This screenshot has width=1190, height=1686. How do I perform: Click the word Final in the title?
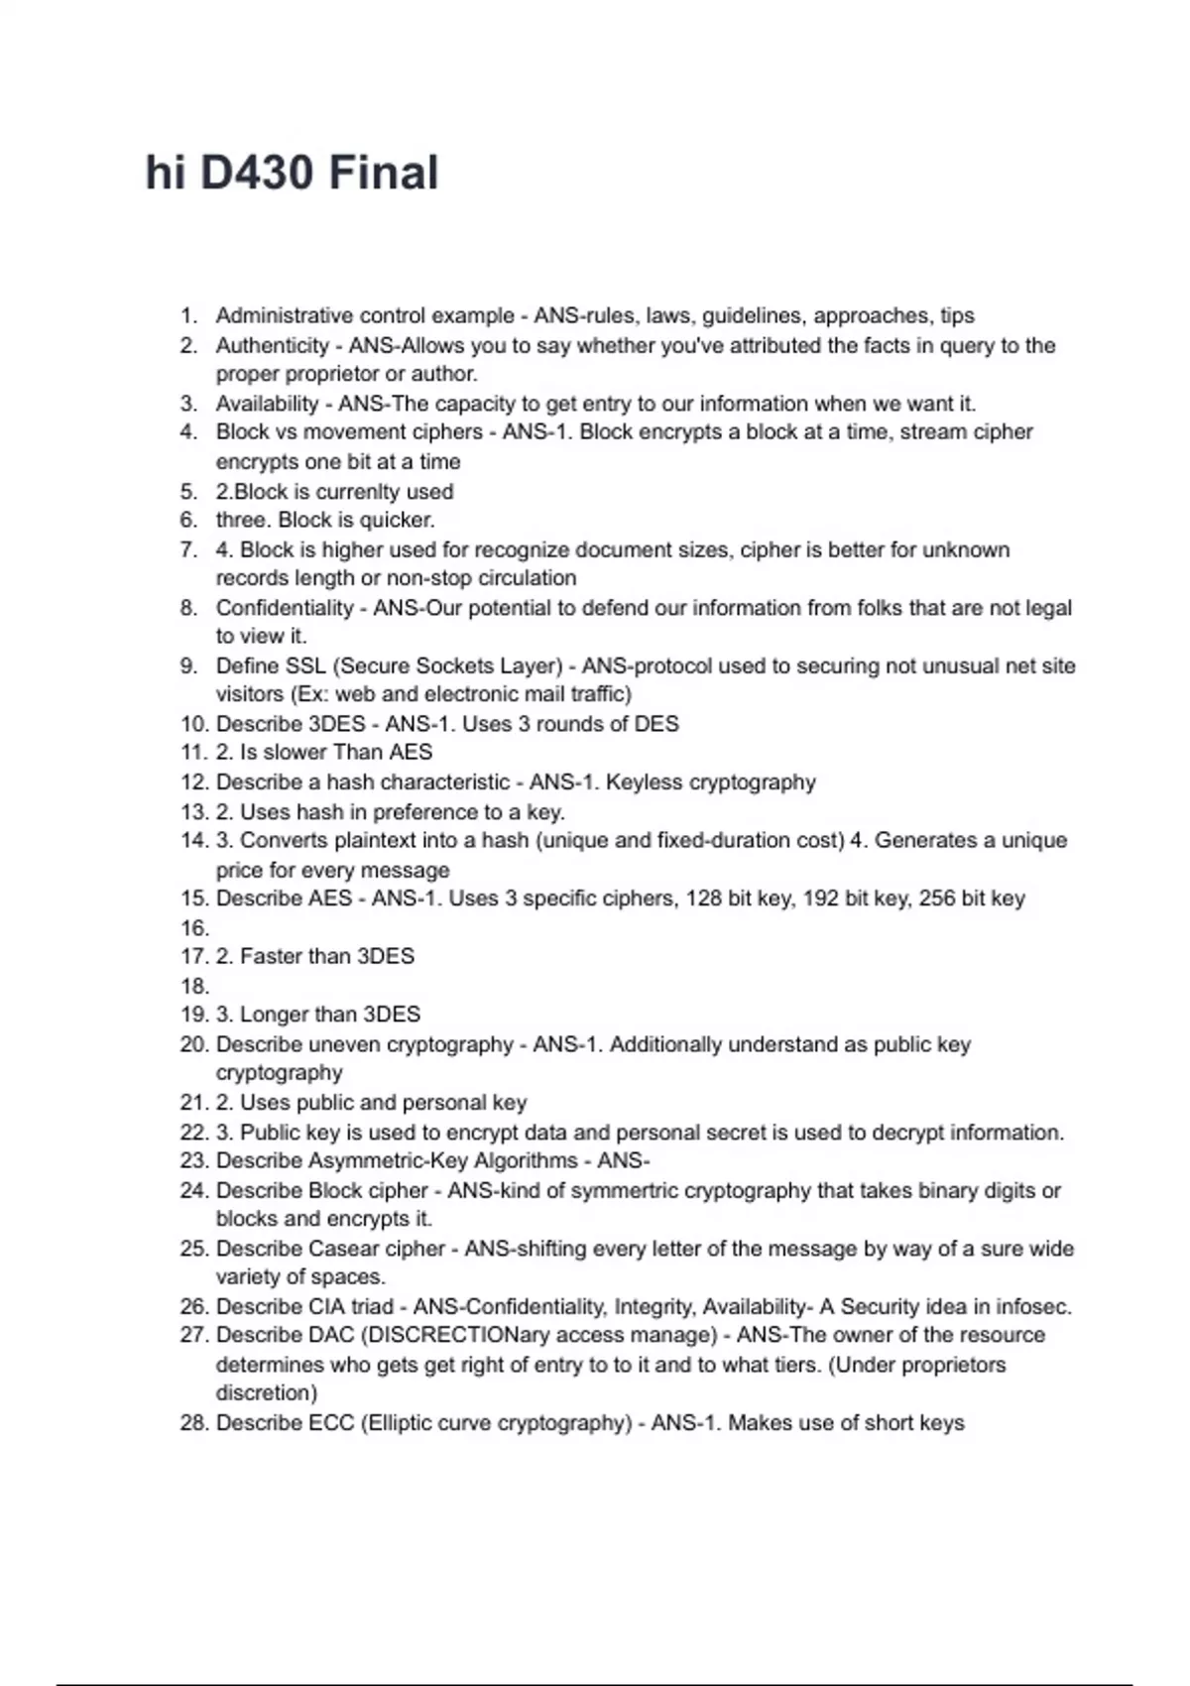[x=383, y=174]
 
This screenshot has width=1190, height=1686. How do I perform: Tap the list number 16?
[x=194, y=928]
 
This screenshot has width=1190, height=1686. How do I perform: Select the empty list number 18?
[x=194, y=986]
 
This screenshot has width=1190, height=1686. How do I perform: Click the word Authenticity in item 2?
[x=273, y=345]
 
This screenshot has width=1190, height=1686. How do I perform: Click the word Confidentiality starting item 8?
[x=285, y=607]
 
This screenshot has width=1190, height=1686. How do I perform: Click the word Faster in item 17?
[x=274, y=956]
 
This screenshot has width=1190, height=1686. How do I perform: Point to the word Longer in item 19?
[x=277, y=1015]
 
